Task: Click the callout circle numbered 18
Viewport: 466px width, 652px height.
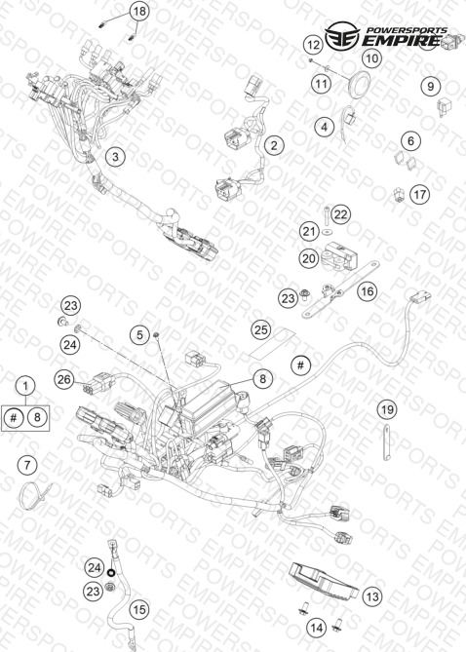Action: pos(139,11)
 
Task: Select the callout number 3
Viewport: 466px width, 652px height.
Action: pos(115,157)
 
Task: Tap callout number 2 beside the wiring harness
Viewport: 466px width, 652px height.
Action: pos(274,145)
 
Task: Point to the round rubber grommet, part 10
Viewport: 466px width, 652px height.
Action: pos(359,85)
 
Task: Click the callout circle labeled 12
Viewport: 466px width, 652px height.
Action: pos(313,45)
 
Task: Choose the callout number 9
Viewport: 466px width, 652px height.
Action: pos(430,86)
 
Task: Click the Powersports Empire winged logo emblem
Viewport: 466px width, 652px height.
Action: pos(342,36)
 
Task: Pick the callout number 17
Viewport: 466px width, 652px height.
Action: pos(419,194)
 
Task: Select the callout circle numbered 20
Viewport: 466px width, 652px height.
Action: pos(309,258)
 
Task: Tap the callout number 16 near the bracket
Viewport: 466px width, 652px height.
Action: pos(367,291)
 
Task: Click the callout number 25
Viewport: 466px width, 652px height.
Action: pos(261,329)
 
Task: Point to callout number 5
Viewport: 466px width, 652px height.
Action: pos(139,334)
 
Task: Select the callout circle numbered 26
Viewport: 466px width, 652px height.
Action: pos(64,379)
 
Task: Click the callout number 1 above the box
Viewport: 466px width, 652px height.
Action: pos(25,386)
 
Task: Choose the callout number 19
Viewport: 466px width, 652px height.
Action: pos(387,409)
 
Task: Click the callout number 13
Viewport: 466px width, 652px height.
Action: pos(372,596)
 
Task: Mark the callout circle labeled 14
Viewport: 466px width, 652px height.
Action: pos(317,628)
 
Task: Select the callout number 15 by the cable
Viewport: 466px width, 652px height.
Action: pos(139,609)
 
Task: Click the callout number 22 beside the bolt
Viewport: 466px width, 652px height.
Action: pos(340,214)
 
